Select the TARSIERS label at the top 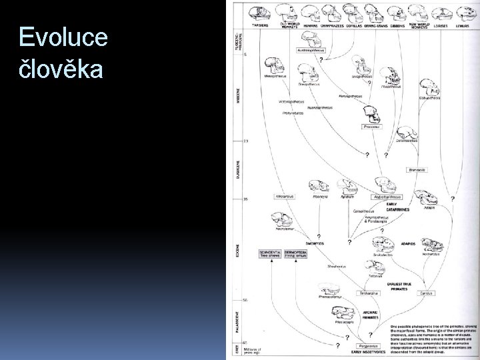point(259,25)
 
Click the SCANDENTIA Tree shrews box point(271,254)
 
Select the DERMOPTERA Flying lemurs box point(295,254)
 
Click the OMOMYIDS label point(313,243)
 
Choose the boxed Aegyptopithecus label point(387,197)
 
